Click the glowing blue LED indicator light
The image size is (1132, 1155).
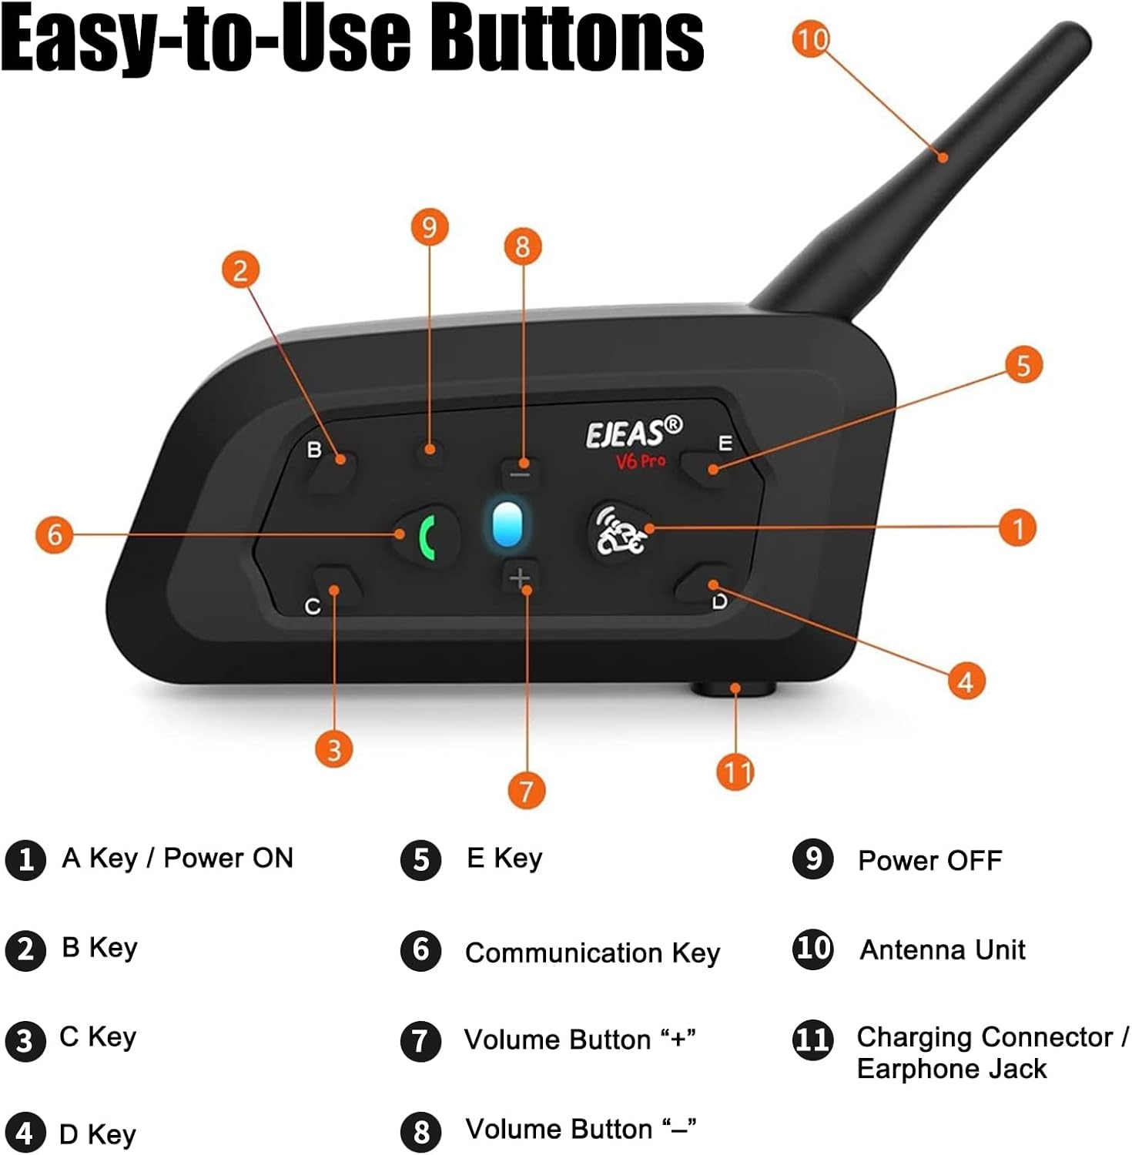click(x=507, y=525)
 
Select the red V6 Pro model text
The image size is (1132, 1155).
click(x=640, y=461)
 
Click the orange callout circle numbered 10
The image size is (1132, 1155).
click(x=812, y=38)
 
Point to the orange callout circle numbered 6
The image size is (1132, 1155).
click(x=55, y=534)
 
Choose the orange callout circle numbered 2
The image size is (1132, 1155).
click(x=240, y=270)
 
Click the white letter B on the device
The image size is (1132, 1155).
click(x=314, y=450)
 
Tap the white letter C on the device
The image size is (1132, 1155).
click(x=312, y=607)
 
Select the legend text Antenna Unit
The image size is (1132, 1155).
click(x=942, y=950)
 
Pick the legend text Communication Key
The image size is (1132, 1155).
click(x=592, y=953)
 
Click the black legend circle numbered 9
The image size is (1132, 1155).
click(x=812, y=859)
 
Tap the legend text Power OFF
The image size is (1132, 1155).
click(x=929, y=861)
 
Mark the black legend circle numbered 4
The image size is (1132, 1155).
click(x=25, y=1133)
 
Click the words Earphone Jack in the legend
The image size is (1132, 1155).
click(x=951, y=1070)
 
